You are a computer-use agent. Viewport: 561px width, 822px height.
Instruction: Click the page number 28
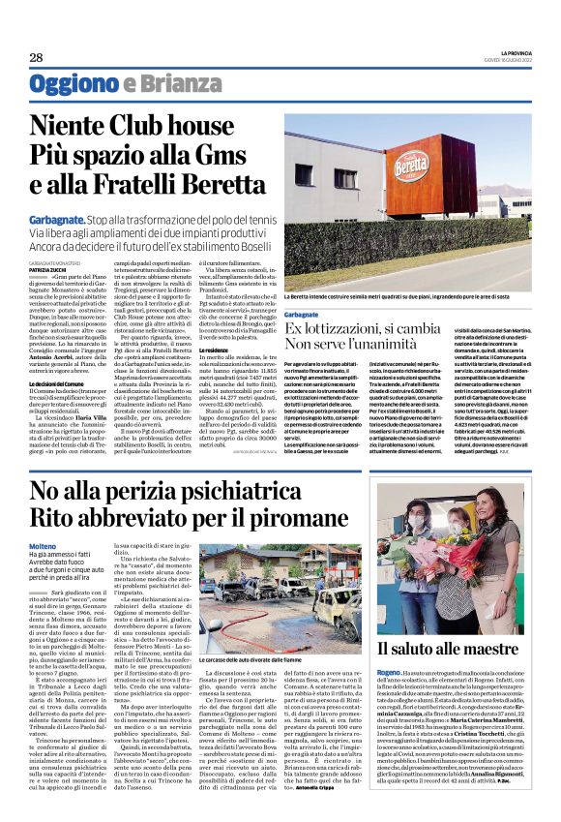(36, 58)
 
